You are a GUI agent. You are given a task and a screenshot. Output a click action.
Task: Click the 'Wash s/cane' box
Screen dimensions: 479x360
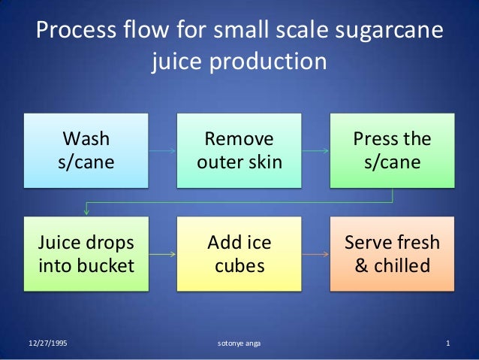point(86,150)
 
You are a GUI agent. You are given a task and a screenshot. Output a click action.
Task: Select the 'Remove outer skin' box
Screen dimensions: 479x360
point(239,150)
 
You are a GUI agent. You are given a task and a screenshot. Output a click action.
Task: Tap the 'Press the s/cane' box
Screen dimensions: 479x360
point(392,150)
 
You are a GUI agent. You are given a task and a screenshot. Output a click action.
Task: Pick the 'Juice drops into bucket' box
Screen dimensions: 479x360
point(86,254)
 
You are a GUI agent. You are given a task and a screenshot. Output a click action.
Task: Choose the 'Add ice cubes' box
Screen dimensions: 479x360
point(239,254)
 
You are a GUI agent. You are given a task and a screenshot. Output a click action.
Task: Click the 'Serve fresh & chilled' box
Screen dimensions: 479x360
point(392,254)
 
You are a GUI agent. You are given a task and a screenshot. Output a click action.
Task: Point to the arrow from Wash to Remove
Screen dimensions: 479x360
point(162,151)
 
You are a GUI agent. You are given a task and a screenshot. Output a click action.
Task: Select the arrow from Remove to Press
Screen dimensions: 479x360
point(315,151)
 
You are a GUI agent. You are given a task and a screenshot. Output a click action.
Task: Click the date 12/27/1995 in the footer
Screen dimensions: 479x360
point(47,344)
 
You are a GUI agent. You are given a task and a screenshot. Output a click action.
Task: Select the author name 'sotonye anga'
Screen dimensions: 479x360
point(239,344)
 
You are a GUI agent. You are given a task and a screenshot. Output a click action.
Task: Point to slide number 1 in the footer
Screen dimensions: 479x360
point(447,344)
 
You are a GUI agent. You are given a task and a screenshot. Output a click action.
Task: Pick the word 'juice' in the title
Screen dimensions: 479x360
point(177,60)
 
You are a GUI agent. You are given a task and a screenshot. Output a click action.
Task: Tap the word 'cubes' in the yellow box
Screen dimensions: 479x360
point(239,265)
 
